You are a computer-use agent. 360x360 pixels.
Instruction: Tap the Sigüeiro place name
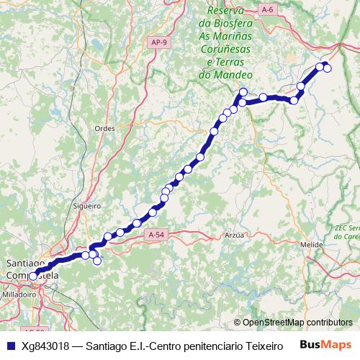86,205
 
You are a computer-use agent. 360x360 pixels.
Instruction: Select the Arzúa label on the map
235,235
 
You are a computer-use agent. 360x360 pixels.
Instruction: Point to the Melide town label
311,245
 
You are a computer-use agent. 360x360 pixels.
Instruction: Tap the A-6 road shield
268,9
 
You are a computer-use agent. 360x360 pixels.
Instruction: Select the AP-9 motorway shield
161,42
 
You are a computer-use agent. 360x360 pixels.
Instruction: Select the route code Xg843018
44,346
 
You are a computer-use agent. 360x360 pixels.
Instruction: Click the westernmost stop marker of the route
32,276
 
